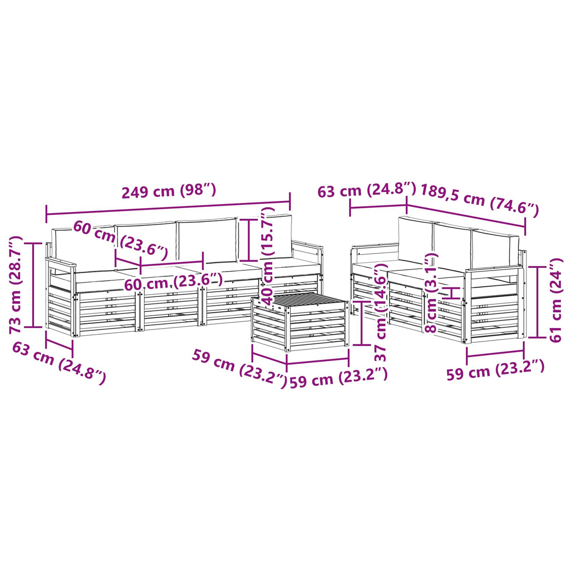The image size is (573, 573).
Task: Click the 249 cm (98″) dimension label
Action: (169, 191)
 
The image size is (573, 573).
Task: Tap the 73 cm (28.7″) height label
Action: (15, 285)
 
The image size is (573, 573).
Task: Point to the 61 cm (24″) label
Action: (555, 300)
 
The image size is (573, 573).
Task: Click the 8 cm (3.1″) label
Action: (431, 293)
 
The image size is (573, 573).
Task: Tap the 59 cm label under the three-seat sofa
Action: (495, 370)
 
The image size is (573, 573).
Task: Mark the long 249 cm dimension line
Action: (168, 208)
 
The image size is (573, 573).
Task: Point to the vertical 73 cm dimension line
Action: (33, 285)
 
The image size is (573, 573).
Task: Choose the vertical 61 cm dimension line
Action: (538, 302)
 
